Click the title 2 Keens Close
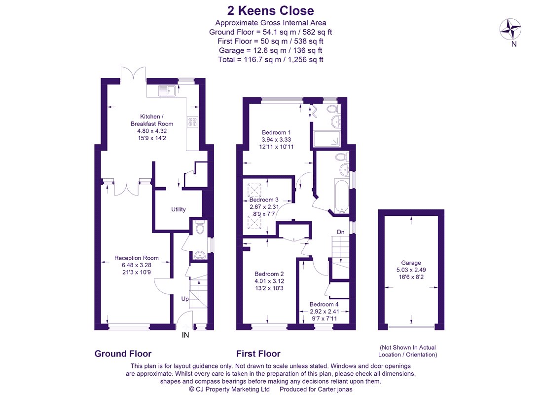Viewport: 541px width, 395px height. pyautogui.click(x=270, y=11)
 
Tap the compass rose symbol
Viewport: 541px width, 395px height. pyautogui.click(x=510, y=29)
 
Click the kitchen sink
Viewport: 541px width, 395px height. pyautogui.click(x=167, y=91)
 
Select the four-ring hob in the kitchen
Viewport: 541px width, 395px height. pyautogui.click(x=192, y=121)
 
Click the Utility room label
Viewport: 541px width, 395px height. pyautogui.click(x=179, y=209)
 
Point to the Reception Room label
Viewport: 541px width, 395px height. pyautogui.click(x=137, y=258)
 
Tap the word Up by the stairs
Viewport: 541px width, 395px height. pyautogui.click(x=185, y=299)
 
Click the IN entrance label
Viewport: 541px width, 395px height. pyautogui.click(x=185, y=335)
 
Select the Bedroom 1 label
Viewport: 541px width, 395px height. pyautogui.click(x=276, y=132)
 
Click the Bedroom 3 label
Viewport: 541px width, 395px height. pyautogui.click(x=264, y=200)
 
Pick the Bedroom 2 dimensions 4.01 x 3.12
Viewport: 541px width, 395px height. pyautogui.click(x=269, y=281)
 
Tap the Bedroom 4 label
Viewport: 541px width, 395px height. pyautogui.click(x=324, y=305)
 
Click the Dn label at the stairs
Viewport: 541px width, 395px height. pyautogui.click(x=341, y=232)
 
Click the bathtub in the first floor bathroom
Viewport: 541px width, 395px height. pyautogui.click(x=342, y=196)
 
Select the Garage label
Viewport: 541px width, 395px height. pyautogui.click(x=411, y=263)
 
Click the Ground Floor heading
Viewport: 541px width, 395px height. pyautogui.click(x=123, y=354)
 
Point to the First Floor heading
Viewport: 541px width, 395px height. pyautogui.click(x=258, y=354)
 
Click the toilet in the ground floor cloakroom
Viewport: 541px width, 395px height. pyautogui.click(x=200, y=228)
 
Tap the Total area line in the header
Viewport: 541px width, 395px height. pyautogui.click(x=270, y=59)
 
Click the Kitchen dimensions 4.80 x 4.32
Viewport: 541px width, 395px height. pyautogui.click(x=152, y=131)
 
